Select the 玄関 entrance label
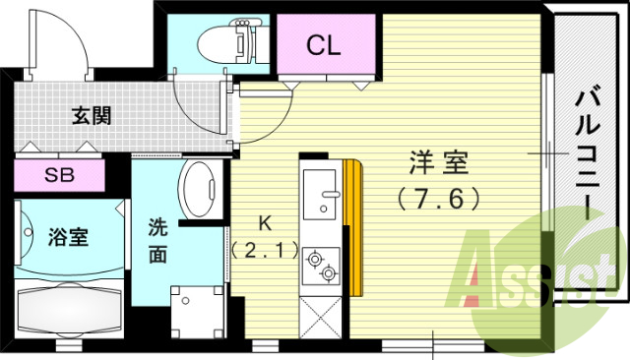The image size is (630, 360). pyautogui.click(x=92, y=114)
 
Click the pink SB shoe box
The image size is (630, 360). pyautogui.click(x=58, y=177)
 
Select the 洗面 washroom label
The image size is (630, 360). pyautogui.click(x=158, y=239)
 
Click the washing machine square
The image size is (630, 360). pyautogui.click(x=195, y=313)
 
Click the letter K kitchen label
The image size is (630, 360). pyautogui.click(x=264, y=221)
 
